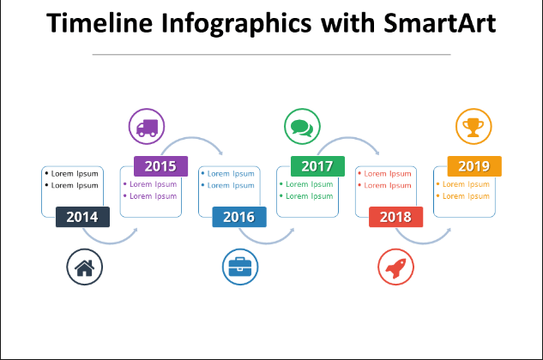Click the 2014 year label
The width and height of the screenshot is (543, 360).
[x=82, y=217]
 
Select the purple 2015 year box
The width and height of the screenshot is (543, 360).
[x=160, y=166]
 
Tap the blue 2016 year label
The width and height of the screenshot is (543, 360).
[x=239, y=217]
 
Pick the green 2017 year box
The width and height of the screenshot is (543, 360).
[x=317, y=166]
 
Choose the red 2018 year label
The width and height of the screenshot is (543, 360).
[x=395, y=217]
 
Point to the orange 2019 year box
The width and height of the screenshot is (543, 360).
[x=474, y=166]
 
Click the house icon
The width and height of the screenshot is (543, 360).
[x=85, y=267]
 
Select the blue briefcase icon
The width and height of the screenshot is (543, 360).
[x=240, y=267]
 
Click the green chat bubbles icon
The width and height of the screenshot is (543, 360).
[x=302, y=126]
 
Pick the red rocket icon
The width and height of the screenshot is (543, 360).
[x=395, y=267]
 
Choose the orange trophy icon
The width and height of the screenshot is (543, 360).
[x=474, y=126]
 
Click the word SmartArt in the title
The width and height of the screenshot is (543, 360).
[x=440, y=23]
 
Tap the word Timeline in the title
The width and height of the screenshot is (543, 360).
[x=100, y=23]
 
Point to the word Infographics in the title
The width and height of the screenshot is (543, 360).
[x=237, y=24]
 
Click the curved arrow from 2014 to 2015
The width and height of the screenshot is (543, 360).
[x=110, y=243]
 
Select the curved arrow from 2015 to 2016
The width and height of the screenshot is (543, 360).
[x=191, y=138]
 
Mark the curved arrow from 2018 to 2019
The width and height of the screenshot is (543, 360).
[x=423, y=243]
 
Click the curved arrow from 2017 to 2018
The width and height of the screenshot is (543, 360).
[x=348, y=138]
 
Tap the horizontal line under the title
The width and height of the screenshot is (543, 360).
[x=271, y=54]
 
